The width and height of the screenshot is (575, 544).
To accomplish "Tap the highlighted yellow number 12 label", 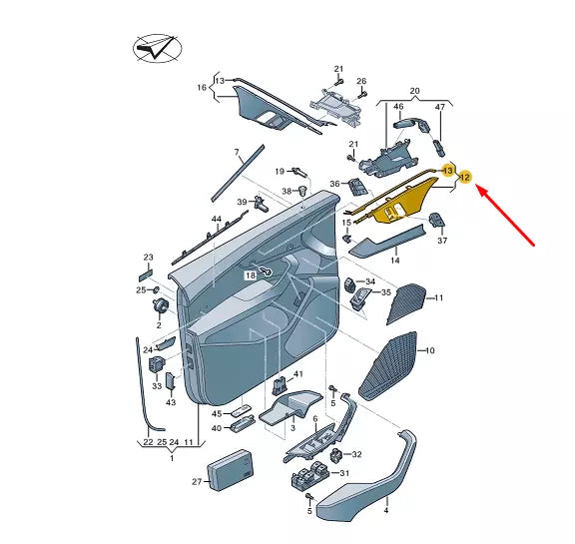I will (x=464, y=178).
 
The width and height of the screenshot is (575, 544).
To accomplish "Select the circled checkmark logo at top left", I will (x=156, y=47).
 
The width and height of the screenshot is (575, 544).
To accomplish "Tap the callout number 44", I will (x=216, y=219).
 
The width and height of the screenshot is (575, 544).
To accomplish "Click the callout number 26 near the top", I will (x=361, y=81).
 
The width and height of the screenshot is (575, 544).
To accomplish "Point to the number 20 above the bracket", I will (x=414, y=89).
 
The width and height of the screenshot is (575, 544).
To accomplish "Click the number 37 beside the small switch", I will (x=442, y=240).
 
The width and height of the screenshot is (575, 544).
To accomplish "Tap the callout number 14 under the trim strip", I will (x=394, y=260).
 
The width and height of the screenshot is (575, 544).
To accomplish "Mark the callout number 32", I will (x=357, y=454).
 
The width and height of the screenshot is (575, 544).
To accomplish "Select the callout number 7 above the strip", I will (x=238, y=153).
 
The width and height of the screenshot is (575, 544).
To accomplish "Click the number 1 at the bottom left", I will (x=171, y=457).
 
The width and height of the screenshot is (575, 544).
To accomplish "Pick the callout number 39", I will (x=242, y=203).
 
